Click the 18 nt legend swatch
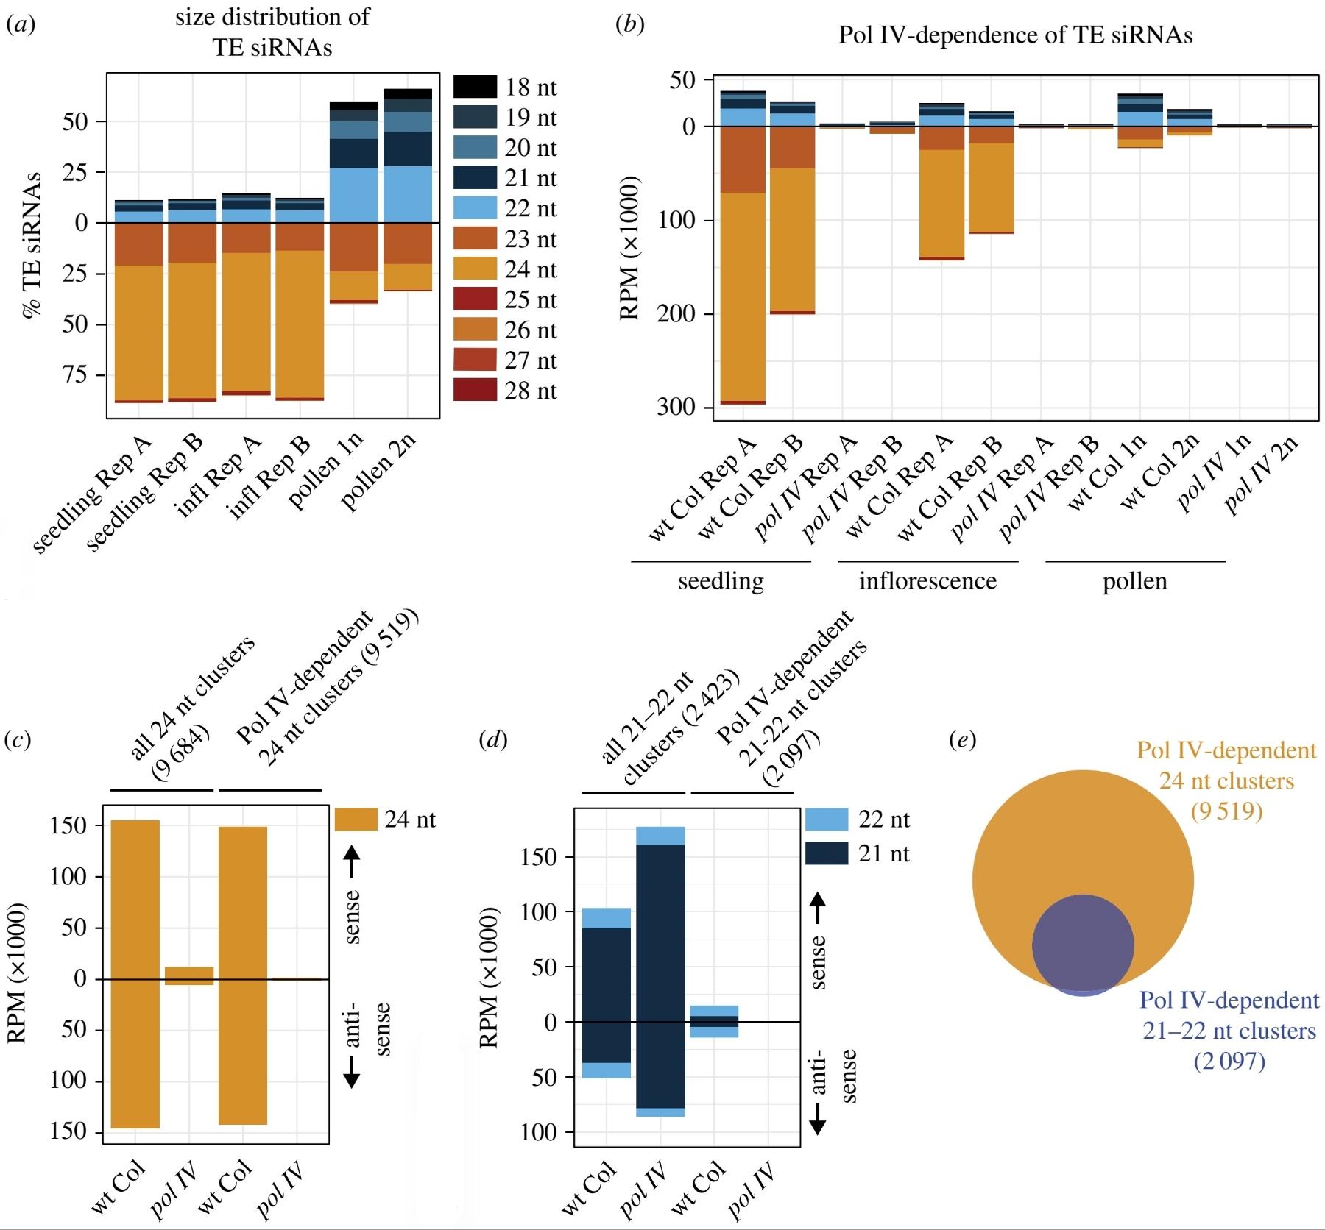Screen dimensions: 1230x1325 click(476, 87)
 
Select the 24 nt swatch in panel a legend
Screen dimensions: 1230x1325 click(476, 269)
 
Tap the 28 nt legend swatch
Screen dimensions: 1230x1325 click(476, 390)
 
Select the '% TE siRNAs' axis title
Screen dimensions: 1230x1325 click(32, 246)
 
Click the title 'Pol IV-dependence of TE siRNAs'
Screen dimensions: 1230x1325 click(1015, 35)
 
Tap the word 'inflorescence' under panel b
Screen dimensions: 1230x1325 click(928, 581)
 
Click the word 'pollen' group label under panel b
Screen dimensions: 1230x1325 click(1134, 581)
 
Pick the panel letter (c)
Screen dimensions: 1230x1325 click(18, 739)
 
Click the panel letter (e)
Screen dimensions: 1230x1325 click(963, 739)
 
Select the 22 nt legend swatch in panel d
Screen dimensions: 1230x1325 click(827, 820)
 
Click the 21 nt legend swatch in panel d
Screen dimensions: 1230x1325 click(827, 853)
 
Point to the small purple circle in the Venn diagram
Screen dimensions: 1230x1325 click(1083, 945)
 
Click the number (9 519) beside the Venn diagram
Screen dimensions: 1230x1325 click(1227, 811)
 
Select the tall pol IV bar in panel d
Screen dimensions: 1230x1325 click(660, 971)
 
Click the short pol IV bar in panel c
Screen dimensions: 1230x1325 click(189, 975)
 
